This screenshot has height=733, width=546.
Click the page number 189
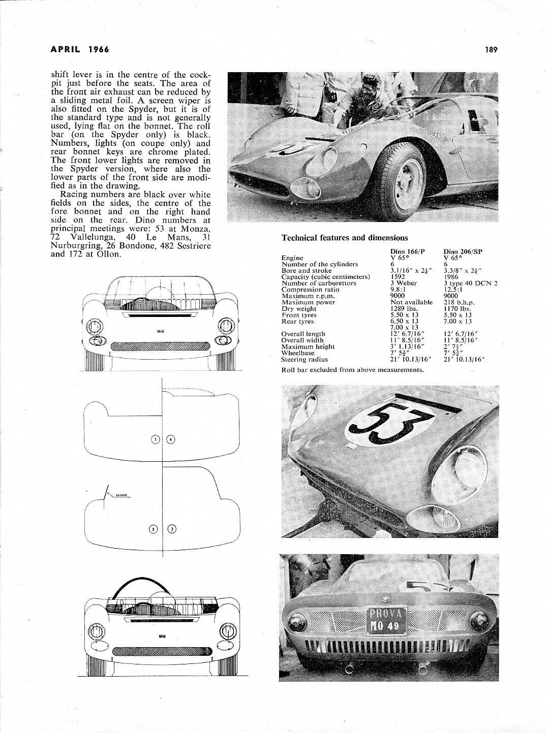(491, 50)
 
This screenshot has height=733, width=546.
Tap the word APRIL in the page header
(67, 50)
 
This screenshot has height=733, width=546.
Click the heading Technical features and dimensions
(344, 238)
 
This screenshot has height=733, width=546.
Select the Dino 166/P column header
(407, 251)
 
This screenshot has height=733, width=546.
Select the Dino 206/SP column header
(463, 251)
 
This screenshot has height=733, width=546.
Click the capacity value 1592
(398, 277)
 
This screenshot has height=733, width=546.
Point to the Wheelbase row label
(297, 353)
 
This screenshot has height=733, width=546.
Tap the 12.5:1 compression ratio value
(453, 290)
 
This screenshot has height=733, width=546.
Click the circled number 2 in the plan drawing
(172, 529)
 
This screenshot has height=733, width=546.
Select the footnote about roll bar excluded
(352, 370)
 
